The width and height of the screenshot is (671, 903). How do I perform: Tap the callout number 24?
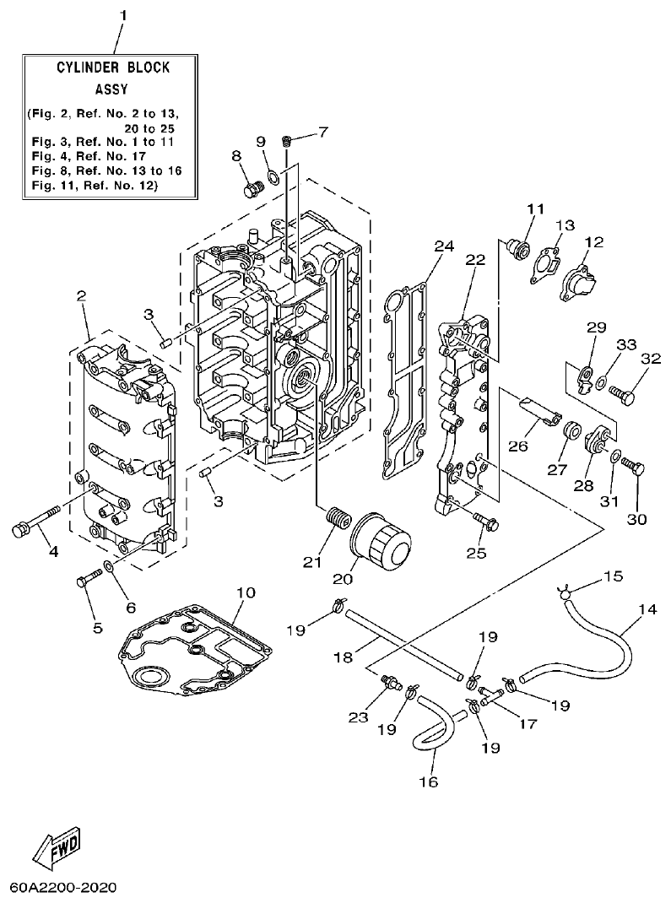(444, 246)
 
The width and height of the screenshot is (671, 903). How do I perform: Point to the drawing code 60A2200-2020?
(63, 889)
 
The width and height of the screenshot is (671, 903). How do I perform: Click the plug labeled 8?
(251, 189)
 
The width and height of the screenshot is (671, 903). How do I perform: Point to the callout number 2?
(82, 295)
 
